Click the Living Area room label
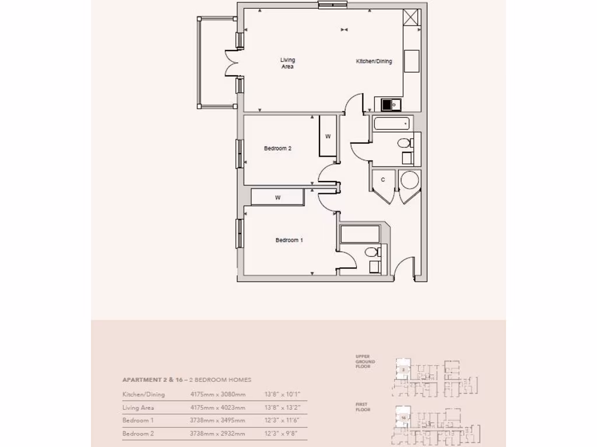click(x=287, y=63)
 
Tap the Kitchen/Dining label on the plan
click(x=374, y=61)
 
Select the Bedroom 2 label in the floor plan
click(x=278, y=148)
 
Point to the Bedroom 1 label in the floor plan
click(x=289, y=240)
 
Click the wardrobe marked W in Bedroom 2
click(x=328, y=136)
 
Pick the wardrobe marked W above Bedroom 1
click(x=278, y=197)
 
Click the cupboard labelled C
click(x=383, y=180)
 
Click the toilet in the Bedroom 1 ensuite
click(x=370, y=252)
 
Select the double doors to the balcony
click(x=232, y=63)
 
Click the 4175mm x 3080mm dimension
click(x=217, y=394)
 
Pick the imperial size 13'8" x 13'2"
click(x=282, y=407)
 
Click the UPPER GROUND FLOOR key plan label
click(x=366, y=361)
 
